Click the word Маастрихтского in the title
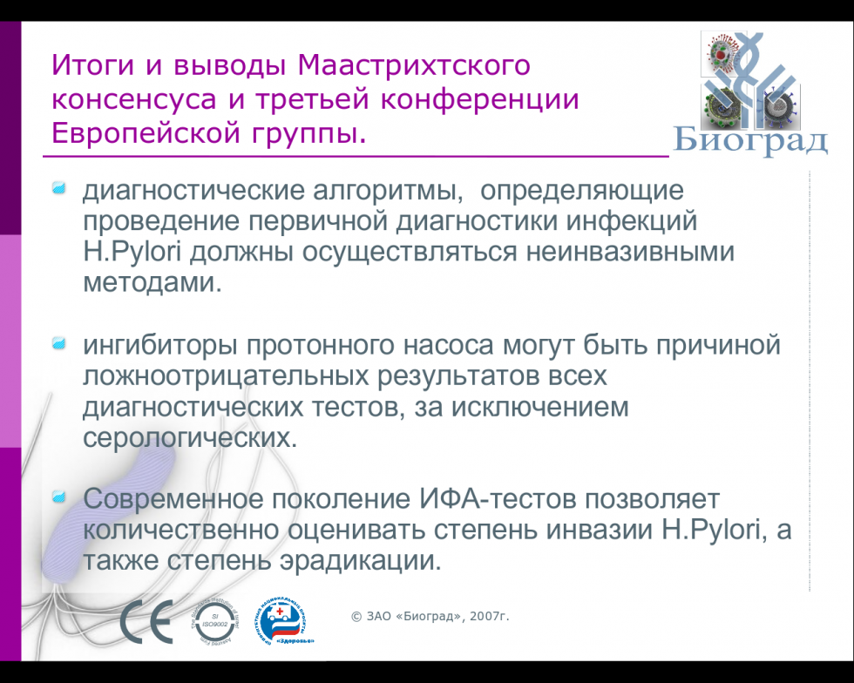click(414, 64)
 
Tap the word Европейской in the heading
click(146, 133)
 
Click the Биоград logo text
click(751, 140)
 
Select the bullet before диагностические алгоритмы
click(59, 188)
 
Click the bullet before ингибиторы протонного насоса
click(59, 343)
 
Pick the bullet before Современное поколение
click(59, 497)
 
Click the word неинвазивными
click(631, 252)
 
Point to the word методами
click(152, 283)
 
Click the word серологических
click(190, 438)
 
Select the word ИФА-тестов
click(498, 499)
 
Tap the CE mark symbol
click(146, 621)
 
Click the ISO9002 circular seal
click(214, 621)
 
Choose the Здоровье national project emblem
click(283, 622)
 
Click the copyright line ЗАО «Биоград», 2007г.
click(430, 616)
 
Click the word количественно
click(181, 530)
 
